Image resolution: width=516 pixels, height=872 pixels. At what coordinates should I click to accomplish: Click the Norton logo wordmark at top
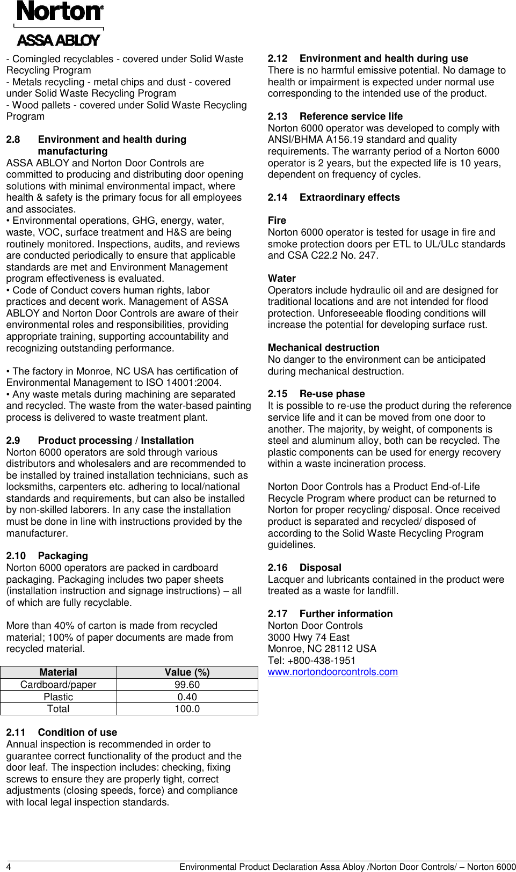60,11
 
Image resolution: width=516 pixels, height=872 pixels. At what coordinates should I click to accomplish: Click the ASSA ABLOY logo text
58,40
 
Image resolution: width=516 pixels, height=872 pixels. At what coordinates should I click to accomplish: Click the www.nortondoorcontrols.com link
332,672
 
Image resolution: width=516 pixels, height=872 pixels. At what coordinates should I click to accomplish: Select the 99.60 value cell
187,685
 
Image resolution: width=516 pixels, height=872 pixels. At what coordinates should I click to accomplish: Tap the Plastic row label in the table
58,697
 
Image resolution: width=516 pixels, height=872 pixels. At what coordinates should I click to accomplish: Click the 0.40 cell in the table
187,697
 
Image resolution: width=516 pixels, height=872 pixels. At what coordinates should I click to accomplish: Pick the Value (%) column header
187,672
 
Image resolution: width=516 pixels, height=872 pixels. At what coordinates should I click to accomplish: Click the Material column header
58,672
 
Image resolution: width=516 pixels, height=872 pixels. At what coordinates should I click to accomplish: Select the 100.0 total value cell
187,709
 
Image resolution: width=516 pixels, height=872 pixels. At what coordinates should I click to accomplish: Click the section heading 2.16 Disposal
304,568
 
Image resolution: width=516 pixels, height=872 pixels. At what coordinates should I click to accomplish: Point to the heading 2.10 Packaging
47,556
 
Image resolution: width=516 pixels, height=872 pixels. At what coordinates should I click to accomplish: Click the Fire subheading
277,221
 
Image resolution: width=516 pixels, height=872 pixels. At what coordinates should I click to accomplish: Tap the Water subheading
281,279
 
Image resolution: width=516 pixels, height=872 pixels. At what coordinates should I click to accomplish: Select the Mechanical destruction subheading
323,348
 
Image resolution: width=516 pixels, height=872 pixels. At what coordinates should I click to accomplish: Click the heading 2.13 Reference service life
335,116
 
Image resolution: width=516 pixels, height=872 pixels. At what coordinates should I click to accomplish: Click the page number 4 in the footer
9,867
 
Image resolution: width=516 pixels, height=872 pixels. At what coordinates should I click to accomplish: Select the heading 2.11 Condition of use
61,732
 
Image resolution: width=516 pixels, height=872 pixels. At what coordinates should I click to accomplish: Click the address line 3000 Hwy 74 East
308,637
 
